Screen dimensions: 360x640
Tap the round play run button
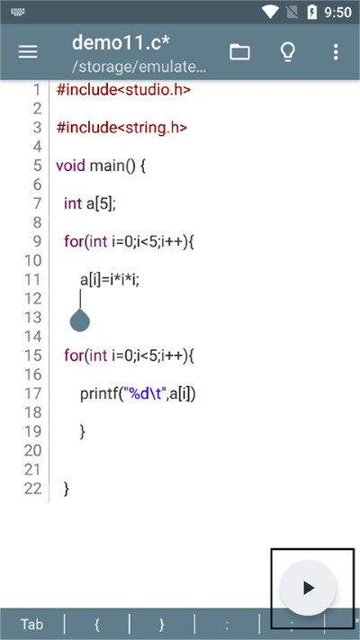point(308,588)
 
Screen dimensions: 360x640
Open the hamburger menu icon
point(28,52)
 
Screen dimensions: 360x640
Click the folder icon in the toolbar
point(239,52)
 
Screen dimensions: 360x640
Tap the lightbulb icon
point(288,52)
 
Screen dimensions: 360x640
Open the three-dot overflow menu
point(336,52)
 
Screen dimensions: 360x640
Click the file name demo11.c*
point(121,43)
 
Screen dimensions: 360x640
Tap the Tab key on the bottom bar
point(31,625)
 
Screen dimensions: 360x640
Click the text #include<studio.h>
point(123,89)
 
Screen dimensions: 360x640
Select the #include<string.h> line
point(121,127)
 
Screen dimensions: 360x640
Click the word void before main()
point(70,166)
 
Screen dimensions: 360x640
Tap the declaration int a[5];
point(90,203)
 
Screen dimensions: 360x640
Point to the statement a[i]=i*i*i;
point(110,280)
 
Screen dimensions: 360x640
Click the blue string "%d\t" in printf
point(144,393)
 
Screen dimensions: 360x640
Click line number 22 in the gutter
point(33,488)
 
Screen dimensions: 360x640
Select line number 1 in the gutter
point(37,89)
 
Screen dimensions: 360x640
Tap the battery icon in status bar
point(311,13)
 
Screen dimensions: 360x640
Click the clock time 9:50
point(338,13)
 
